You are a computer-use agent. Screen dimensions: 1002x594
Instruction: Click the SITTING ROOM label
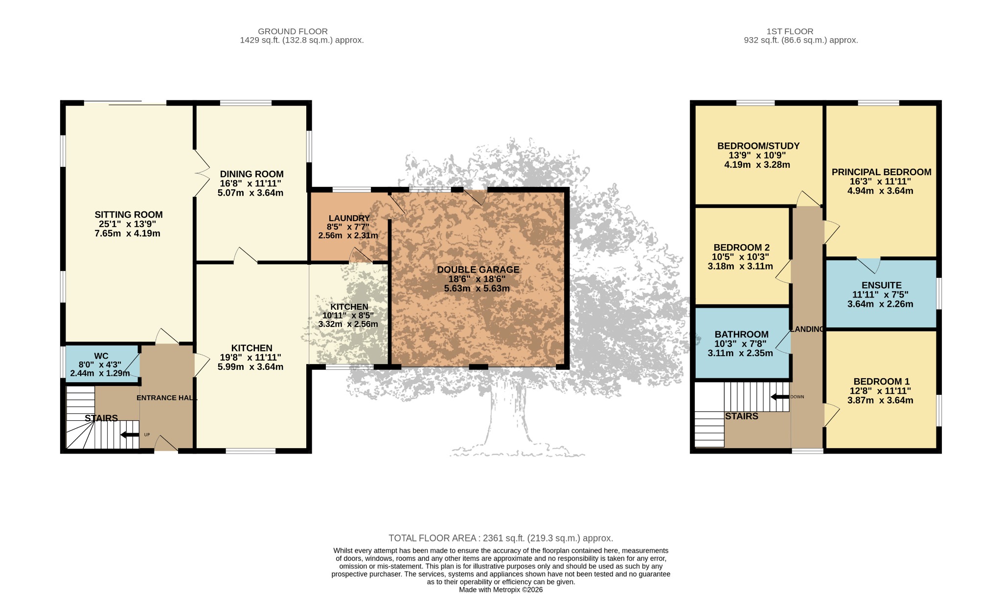(x=129, y=214)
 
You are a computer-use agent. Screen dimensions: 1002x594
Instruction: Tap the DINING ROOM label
(x=251, y=174)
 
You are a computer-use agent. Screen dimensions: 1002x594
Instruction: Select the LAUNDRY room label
(x=349, y=218)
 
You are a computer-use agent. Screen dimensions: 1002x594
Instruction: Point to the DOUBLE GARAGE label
(x=478, y=270)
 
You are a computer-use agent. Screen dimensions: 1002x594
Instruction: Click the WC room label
(x=101, y=356)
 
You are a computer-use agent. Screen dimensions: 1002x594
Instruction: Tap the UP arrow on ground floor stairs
(x=130, y=434)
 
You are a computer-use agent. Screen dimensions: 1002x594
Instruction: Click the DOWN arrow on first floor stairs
(x=780, y=397)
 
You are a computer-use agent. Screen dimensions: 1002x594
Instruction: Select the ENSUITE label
(x=882, y=285)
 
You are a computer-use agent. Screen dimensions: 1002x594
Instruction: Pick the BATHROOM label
(x=742, y=335)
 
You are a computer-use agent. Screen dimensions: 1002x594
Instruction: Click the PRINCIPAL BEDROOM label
(x=882, y=172)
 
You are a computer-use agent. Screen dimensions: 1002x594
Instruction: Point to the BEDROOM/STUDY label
(x=758, y=146)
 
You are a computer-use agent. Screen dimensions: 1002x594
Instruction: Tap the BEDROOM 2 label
(x=738, y=248)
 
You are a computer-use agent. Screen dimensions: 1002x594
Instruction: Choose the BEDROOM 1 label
(x=882, y=382)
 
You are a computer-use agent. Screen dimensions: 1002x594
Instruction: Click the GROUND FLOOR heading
(x=293, y=31)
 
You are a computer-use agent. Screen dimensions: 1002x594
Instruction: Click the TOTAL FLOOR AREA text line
(x=501, y=538)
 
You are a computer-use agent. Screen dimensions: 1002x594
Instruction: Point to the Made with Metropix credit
(x=501, y=590)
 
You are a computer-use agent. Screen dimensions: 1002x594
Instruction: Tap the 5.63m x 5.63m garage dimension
(x=477, y=288)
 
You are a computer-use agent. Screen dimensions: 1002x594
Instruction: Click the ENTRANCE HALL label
(x=167, y=398)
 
